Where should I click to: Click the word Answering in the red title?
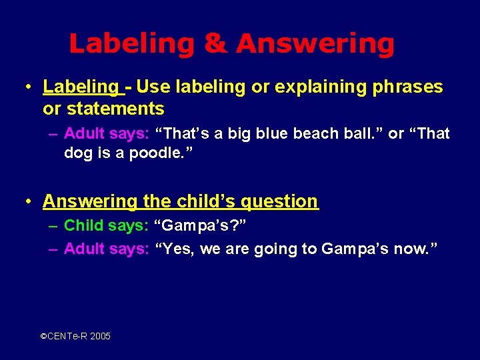315,44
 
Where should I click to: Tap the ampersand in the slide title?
215,44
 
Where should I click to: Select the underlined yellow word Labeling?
80,87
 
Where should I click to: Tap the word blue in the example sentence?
278,133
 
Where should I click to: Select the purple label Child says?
106,225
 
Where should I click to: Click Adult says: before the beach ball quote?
106,133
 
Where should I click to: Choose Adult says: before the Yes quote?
106,249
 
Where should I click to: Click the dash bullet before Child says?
53,225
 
